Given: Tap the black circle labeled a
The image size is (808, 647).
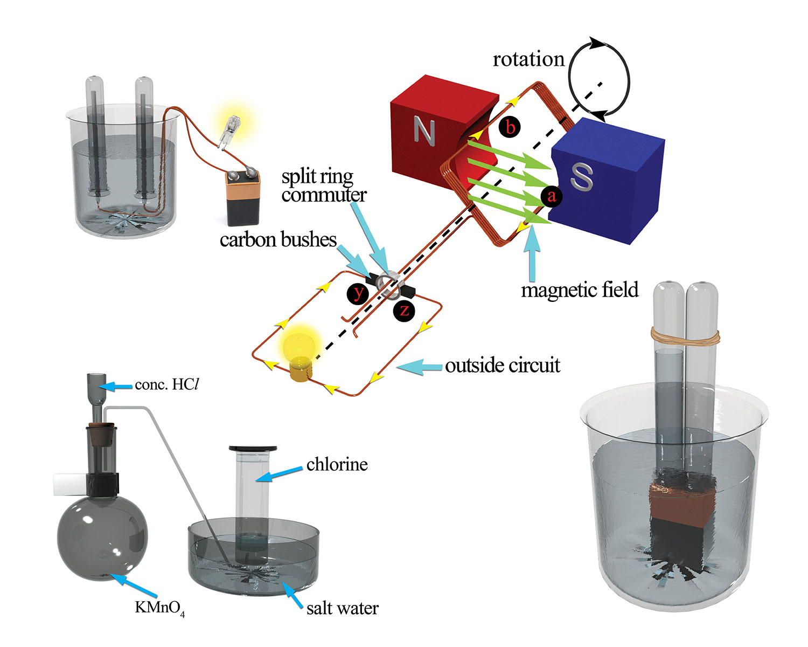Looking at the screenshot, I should [551, 196].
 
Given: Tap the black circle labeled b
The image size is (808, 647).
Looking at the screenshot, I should [510, 127].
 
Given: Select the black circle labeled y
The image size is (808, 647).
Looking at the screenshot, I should [358, 293].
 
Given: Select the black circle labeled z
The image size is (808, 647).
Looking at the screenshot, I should [404, 310].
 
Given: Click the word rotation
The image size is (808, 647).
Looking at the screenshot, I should [528, 59].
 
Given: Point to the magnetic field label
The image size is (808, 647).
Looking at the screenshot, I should [580, 290].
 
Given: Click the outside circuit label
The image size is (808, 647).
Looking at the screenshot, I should [503, 366].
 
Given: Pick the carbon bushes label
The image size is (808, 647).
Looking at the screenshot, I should [278, 239].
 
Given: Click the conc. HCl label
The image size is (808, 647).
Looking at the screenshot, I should [167, 384].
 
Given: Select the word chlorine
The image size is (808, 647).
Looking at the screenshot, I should [337, 464].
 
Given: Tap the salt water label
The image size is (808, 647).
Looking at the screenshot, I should [343, 608].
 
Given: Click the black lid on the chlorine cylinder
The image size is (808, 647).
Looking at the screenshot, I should [253, 448].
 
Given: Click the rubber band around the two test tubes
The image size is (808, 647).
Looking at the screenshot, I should [685, 336].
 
